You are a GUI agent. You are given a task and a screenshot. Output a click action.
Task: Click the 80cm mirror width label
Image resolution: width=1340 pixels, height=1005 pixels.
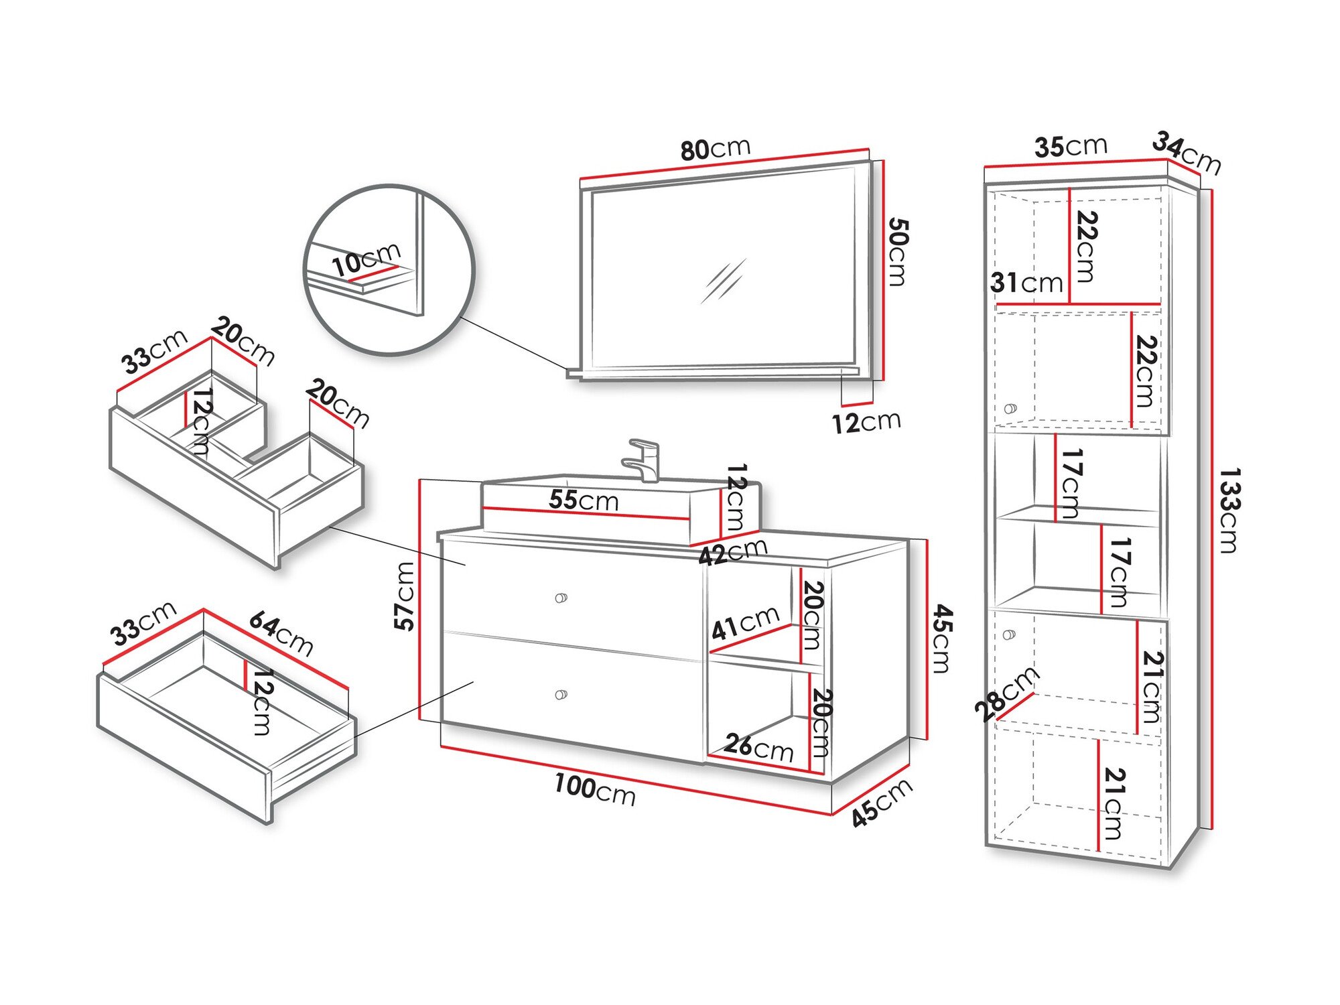click(x=715, y=149)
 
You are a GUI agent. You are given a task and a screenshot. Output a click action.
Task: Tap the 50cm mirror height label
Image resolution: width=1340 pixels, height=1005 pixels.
click(x=897, y=251)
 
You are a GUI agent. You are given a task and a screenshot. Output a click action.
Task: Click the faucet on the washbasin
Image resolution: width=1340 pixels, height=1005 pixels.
click(x=643, y=460)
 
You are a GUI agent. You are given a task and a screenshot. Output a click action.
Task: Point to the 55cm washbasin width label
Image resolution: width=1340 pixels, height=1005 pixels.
click(x=583, y=500)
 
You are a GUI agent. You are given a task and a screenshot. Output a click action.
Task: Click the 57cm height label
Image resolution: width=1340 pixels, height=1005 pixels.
click(x=404, y=596)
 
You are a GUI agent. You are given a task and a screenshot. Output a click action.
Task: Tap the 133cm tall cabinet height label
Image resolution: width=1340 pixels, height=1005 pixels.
click(x=1228, y=511)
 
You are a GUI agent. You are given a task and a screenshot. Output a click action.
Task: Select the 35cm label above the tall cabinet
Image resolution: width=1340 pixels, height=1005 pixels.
click(x=1070, y=146)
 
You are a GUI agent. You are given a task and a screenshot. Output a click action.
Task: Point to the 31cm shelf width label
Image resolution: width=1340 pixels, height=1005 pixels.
click(x=1026, y=283)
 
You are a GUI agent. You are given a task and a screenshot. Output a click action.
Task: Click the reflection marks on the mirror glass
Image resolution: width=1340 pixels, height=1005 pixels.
click(x=723, y=281)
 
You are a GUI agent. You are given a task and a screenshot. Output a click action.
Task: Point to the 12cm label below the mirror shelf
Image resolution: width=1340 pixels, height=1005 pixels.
click(x=866, y=422)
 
